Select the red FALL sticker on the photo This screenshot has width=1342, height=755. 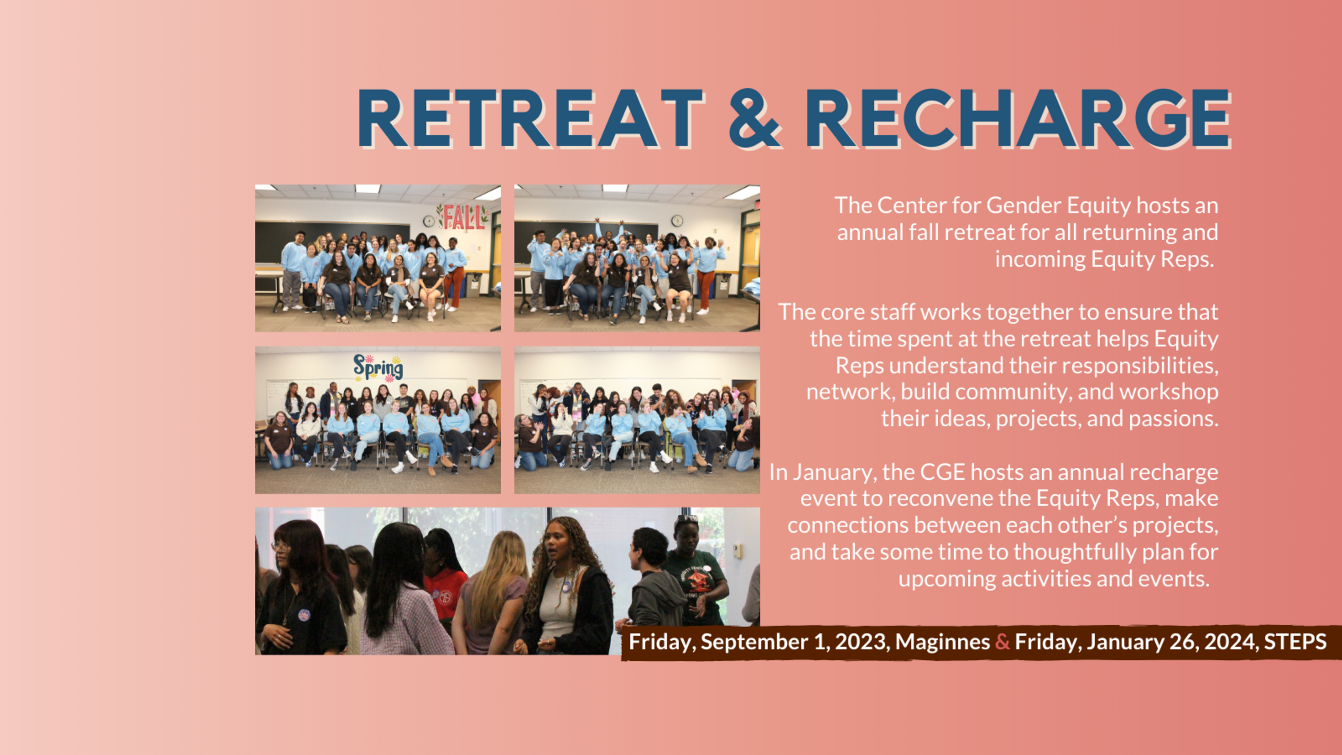463,217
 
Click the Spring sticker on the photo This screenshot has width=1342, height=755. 378,368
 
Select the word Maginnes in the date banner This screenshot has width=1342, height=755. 942,642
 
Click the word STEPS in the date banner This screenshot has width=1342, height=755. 1295,641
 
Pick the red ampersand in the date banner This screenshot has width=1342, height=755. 1002,642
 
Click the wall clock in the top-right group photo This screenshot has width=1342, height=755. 677,221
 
